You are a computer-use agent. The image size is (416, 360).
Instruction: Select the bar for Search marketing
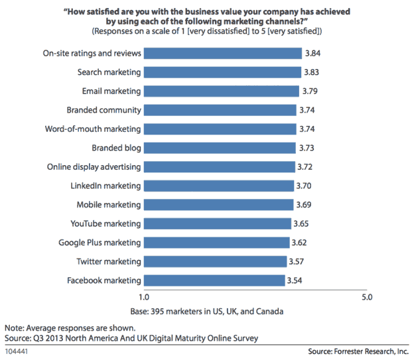click(222, 72)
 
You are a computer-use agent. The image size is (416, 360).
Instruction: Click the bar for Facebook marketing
click(214, 280)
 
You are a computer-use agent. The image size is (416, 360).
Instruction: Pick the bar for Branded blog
click(220, 148)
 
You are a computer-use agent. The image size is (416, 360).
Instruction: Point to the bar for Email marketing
click(222, 91)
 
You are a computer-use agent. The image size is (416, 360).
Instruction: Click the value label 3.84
click(313, 53)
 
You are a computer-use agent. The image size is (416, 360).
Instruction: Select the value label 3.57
click(298, 261)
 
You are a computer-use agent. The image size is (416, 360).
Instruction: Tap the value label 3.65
click(302, 223)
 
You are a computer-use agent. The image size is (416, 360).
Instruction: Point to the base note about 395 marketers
click(208, 311)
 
